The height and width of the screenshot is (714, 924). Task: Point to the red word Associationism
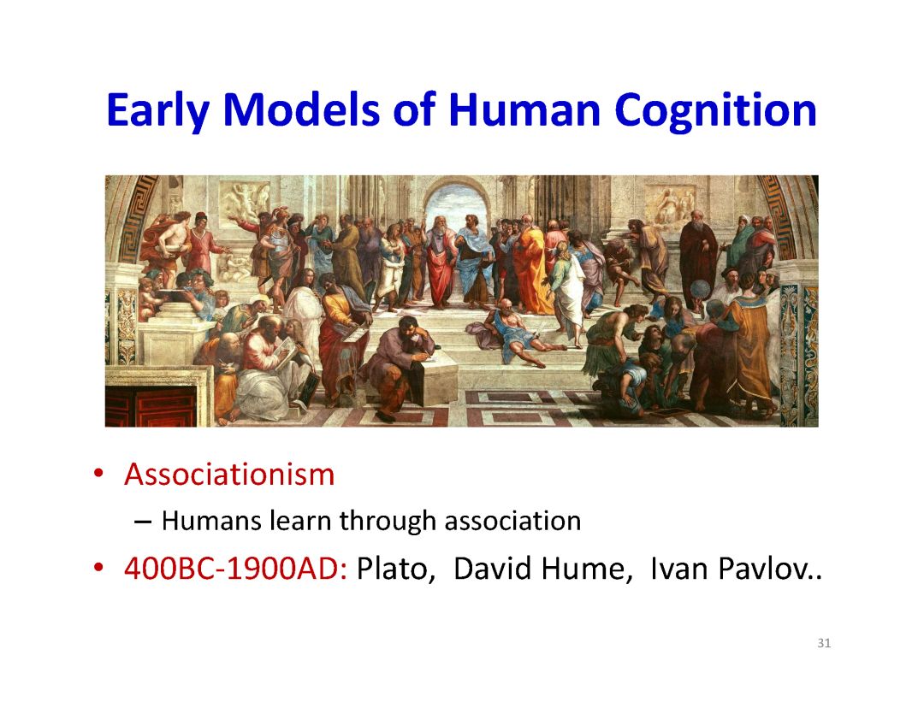(x=229, y=475)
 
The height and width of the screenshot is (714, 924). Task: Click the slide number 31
(x=824, y=643)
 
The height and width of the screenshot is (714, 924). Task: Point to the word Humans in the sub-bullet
(x=211, y=521)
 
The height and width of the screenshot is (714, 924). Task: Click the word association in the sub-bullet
(x=512, y=522)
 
